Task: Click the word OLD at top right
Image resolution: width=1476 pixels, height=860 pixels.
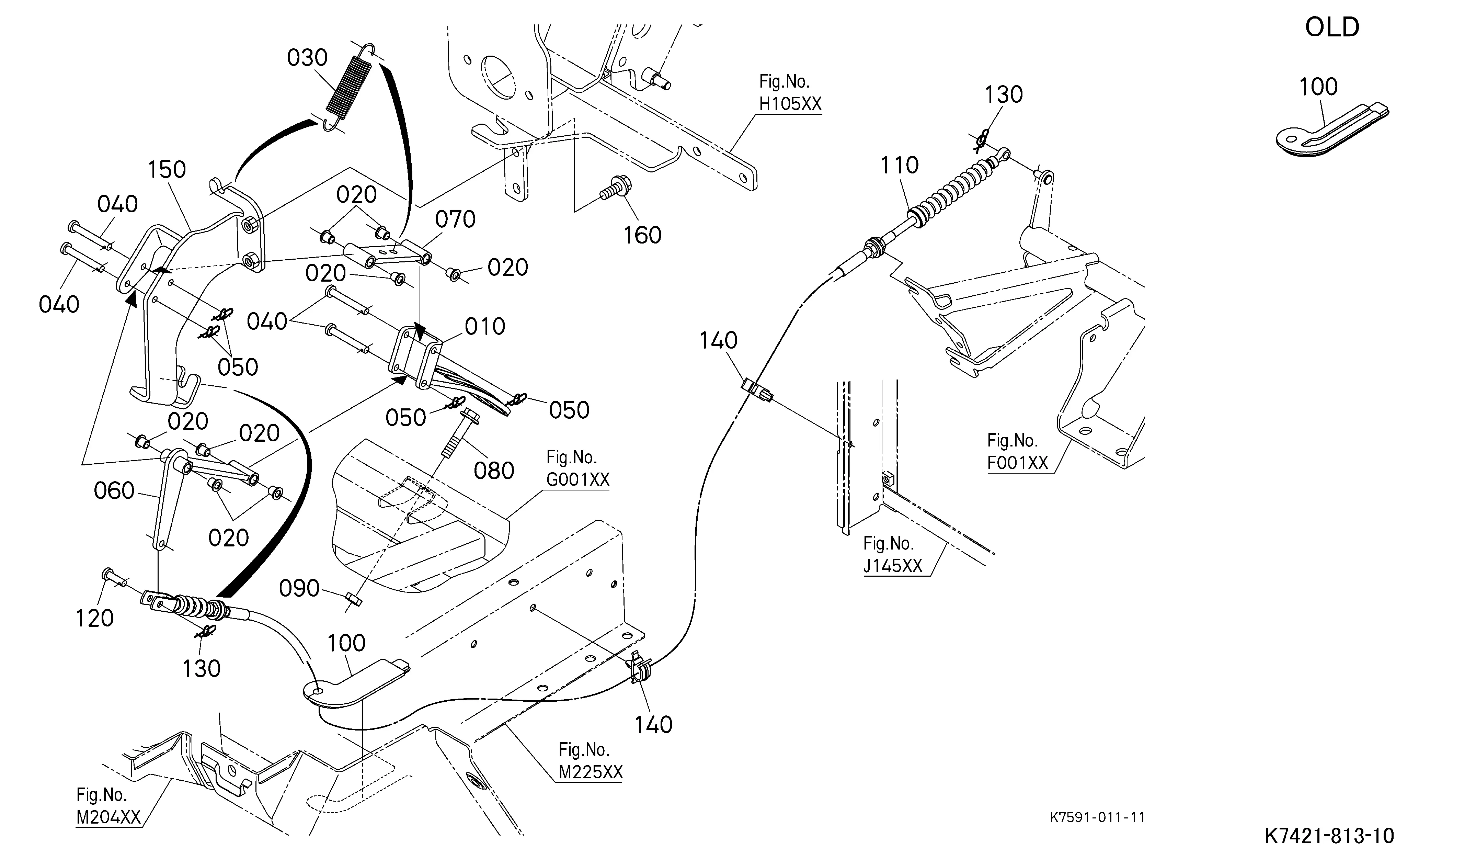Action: [1332, 27]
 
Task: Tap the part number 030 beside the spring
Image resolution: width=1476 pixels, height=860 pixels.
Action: [307, 58]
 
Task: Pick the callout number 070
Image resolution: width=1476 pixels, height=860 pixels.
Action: [455, 220]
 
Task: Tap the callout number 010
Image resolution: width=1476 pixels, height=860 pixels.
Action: [485, 326]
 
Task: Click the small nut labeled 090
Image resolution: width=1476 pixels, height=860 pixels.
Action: [353, 598]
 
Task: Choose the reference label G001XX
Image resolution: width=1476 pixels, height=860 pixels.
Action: [577, 480]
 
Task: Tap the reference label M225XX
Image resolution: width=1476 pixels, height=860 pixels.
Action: [591, 772]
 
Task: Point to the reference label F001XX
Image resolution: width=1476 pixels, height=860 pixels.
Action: [1017, 463]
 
